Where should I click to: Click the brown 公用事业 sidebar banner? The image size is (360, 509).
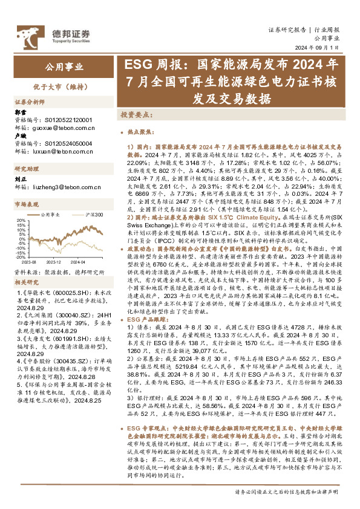click(63, 66)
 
